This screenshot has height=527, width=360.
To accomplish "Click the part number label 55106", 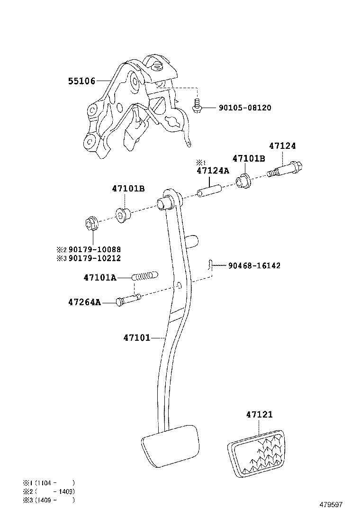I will coord(81,81).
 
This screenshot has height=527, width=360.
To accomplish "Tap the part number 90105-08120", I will coord(245,108).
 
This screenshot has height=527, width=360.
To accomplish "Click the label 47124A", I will coord(213,171).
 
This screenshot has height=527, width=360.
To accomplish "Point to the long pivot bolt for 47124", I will coord(287,168).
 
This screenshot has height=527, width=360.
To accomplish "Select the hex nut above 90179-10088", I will coord(92,222).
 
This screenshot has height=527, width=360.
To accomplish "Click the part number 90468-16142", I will coord(254,266).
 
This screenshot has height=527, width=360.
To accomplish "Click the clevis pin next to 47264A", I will coord(128,300).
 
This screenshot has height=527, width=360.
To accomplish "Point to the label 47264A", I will coord(84,302).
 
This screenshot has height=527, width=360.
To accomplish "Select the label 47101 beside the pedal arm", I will coord(136,338).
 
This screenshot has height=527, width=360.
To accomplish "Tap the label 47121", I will coord(259,415).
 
